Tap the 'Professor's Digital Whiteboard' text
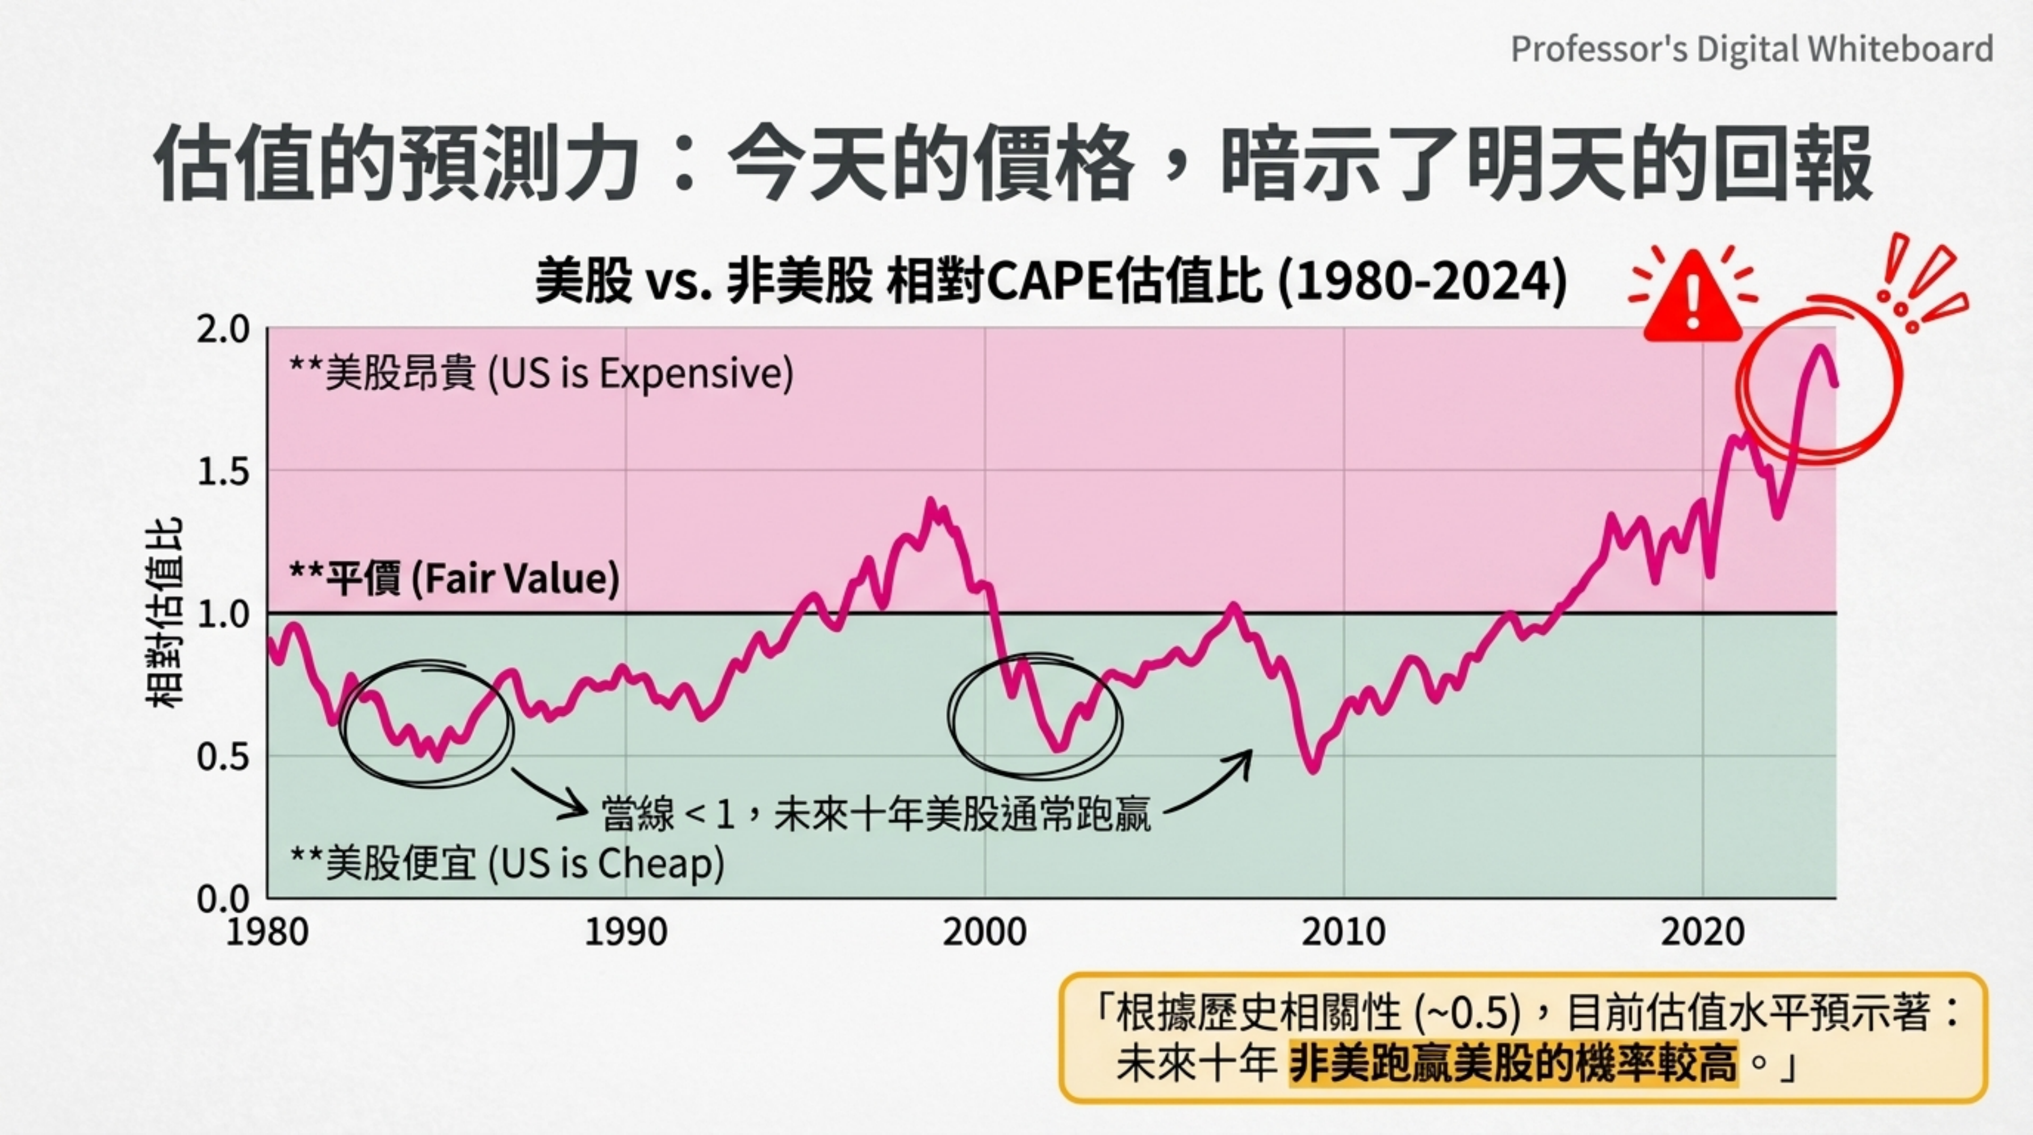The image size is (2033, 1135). point(1751,49)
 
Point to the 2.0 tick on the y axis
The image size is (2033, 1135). point(223,329)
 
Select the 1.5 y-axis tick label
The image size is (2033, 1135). point(223,472)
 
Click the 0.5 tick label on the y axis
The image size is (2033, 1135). point(223,757)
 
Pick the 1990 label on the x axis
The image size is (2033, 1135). point(626,932)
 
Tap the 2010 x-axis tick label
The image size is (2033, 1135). point(1343,932)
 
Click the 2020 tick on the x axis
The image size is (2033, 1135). point(1702,932)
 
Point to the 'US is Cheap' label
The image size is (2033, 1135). point(507,862)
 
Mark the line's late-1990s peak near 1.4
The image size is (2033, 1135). point(931,502)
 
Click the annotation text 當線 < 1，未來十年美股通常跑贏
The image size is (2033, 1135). point(876,813)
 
